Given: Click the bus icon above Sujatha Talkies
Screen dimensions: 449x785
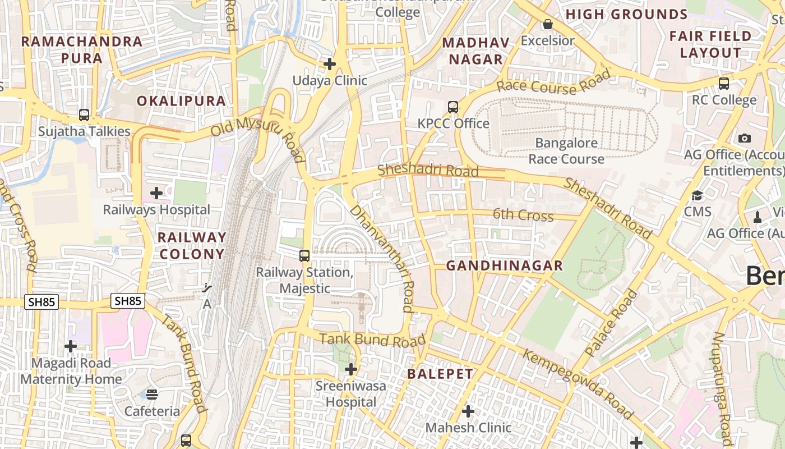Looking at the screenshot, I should (x=84, y=115).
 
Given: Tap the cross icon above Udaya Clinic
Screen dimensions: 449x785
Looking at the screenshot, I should (x=330, y=64).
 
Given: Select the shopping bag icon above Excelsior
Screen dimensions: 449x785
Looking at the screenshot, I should (x=547, y=24).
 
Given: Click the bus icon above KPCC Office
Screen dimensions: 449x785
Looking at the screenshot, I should (x=453, y=107).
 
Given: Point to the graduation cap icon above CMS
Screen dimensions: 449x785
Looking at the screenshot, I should (x=697, y=195).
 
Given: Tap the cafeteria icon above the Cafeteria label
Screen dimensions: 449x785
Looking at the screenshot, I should (x=152, y=394).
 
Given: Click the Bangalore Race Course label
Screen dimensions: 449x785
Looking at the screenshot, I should (x=566, y=151).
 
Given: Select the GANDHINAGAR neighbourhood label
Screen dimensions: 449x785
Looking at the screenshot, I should (x=504, y=266).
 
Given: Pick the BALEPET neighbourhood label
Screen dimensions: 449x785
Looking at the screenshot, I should (x=440, y=374).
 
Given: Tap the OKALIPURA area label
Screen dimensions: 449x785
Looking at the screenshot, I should (x=182, y=101).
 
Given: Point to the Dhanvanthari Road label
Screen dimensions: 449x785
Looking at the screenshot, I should (x=382, y=258).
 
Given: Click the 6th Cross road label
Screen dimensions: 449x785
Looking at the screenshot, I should (x=523, y=215).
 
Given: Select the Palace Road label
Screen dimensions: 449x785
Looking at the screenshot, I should (x=611, y=323).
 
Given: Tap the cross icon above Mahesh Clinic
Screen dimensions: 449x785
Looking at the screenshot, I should (x=468, y=412).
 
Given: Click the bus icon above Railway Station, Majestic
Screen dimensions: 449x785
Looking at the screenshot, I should (x=304, y=256).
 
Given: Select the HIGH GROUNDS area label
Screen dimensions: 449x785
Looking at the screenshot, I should (x=626, y=15).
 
